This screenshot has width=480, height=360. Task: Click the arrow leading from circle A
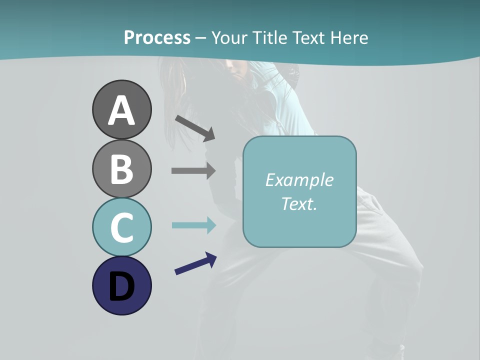point(195,128)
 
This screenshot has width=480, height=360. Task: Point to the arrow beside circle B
point(193,170)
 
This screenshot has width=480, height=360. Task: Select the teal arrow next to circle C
point(193,225)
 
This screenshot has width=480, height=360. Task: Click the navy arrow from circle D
point(195,264)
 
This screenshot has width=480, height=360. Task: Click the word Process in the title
point(157,38)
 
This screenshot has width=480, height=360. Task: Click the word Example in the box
point(299,180)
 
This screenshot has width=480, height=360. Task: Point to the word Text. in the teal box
point(299,203)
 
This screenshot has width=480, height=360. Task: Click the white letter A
point(121,111)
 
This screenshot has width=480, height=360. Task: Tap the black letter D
point(121,287)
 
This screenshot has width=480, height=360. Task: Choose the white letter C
point(121,228)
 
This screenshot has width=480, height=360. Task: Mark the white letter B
point(121,169)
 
